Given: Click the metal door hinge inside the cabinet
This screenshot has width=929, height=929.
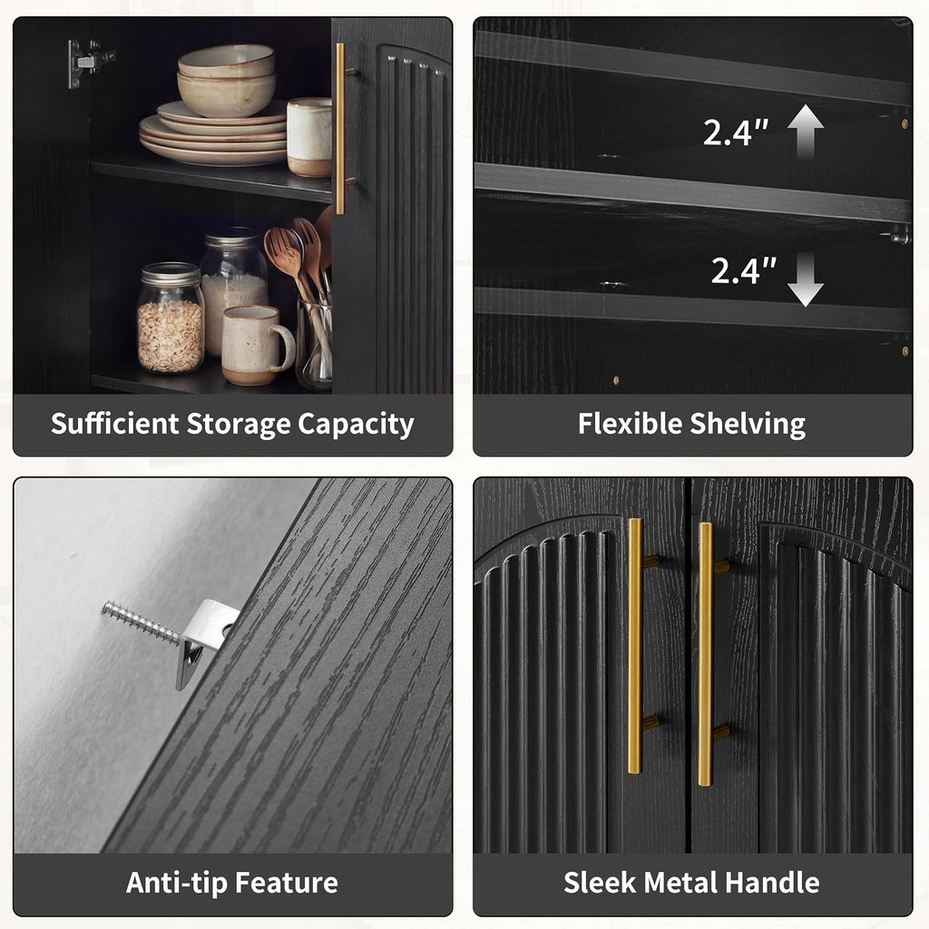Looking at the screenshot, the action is (x=89, y=63).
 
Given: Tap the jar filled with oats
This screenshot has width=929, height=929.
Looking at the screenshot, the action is (x=171, y=318).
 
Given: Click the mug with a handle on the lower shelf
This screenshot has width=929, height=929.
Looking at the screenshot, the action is (x=257, y=346).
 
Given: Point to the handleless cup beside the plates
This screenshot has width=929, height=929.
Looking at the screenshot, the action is (x=309, y=138).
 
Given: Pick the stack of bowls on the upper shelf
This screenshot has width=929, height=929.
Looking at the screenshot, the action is (x=226, y=80).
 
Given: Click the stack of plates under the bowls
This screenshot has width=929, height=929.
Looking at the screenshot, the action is (x=213, y=135).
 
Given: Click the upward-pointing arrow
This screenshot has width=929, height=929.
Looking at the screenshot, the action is (x=806, y=132).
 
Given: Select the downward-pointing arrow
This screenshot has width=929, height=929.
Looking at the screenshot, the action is (x=806, y=279).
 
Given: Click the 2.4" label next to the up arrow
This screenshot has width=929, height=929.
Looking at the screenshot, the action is (x=736, y=132).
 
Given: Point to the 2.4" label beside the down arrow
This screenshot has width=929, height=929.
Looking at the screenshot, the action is (x=744, y=270).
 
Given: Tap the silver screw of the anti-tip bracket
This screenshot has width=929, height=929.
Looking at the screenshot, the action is (x=141, y=621).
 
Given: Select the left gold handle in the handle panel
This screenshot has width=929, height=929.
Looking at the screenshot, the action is (x=636, y=646).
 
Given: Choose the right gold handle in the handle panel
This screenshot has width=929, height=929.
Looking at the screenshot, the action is (x=706, y=654).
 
